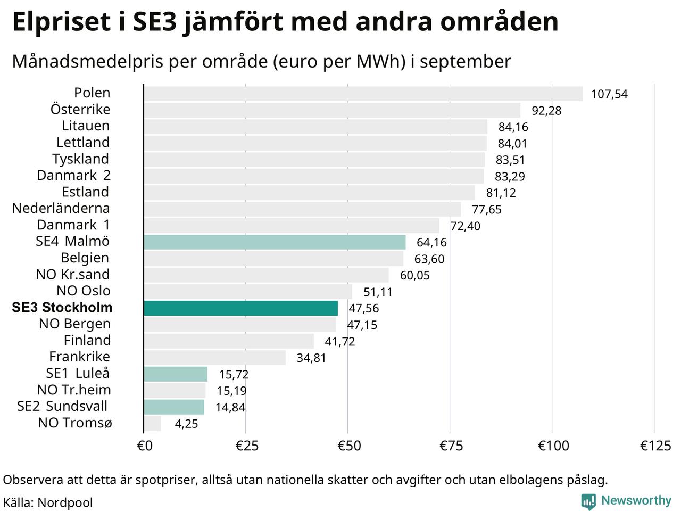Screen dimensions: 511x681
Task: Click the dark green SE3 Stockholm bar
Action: (240, 308)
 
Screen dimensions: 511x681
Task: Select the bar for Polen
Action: (363, 94)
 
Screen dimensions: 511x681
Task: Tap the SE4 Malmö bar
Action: (275, 242)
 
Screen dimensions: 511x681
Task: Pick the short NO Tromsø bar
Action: (152, 424)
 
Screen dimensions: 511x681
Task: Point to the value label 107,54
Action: (609, 94)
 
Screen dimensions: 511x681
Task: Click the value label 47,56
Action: (364, 308)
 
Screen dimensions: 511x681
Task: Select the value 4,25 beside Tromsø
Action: (186, 424)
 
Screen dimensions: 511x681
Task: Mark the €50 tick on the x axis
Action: (349, 446)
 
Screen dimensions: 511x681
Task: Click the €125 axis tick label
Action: (655, 446)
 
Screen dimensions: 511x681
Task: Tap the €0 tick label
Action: (145, 446)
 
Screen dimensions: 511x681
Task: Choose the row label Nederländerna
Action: (61, 208)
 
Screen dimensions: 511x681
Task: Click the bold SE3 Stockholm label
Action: (62, 308)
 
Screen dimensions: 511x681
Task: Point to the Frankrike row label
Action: (80, 357)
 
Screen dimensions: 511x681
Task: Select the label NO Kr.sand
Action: (73, 274)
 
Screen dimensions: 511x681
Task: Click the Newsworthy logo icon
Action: (588, 501)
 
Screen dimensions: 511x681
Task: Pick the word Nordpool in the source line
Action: (65, 503)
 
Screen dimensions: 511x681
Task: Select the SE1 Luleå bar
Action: (176, 374)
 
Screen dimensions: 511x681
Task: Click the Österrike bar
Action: (332, 110)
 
